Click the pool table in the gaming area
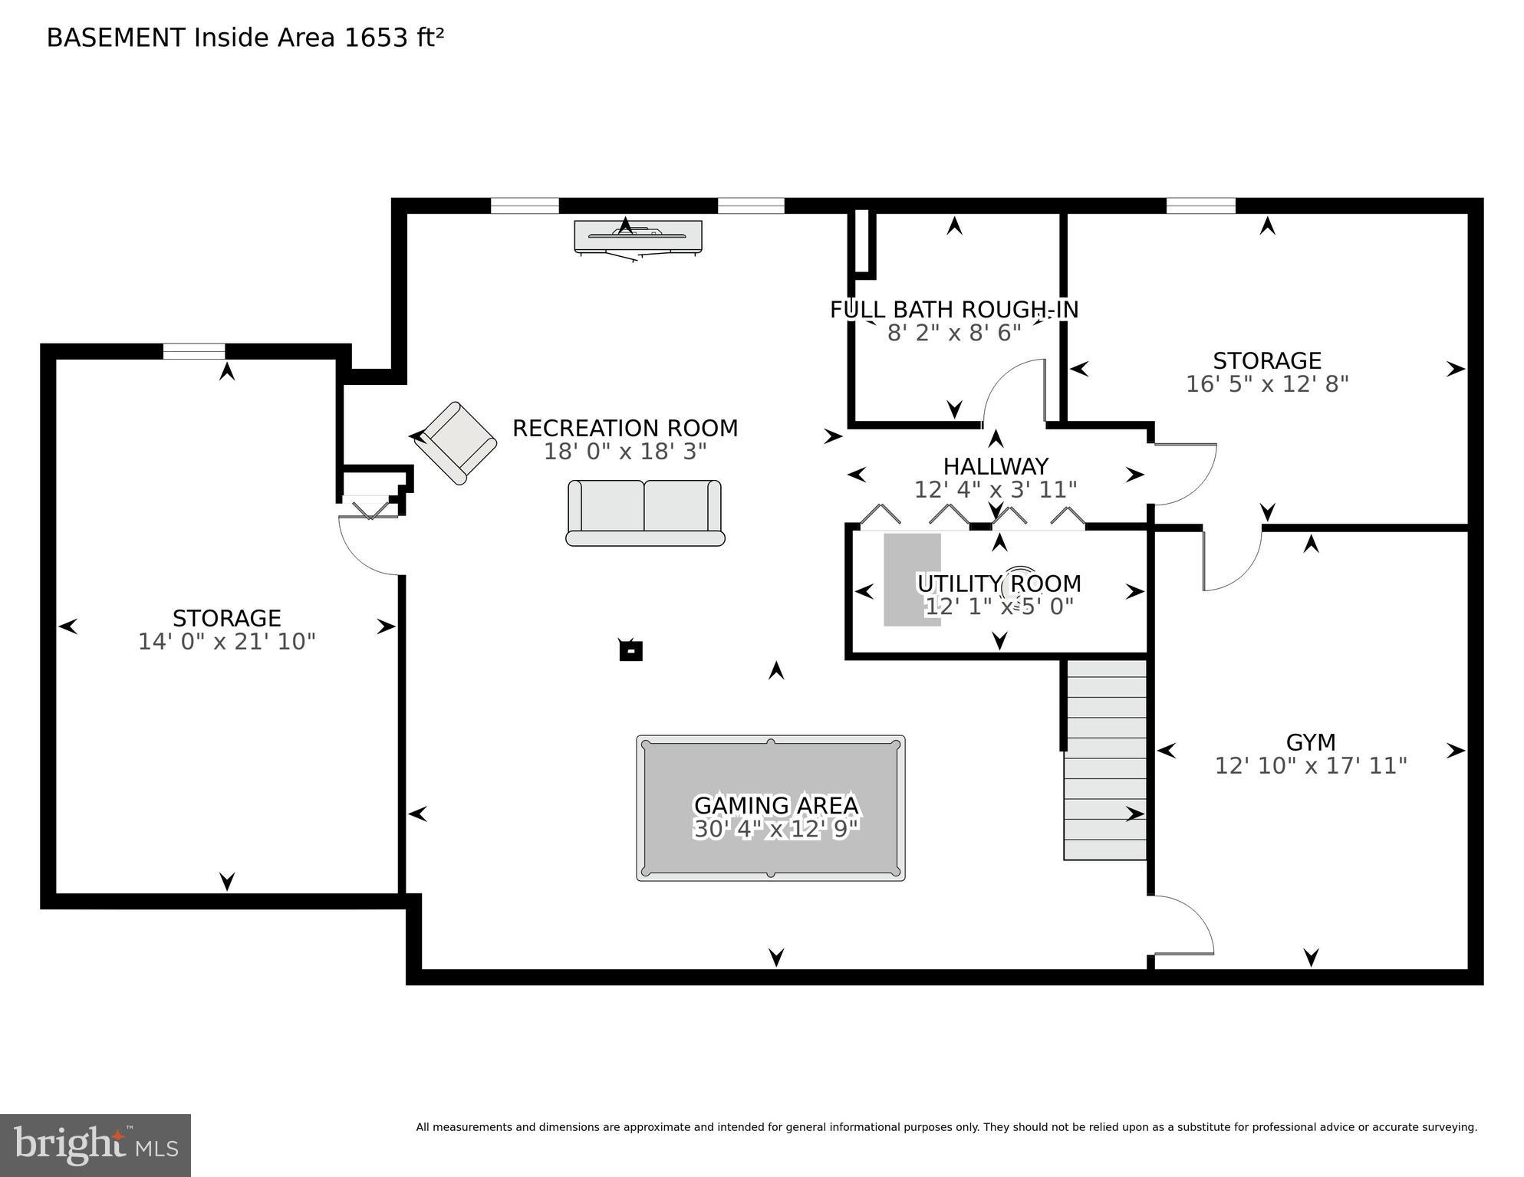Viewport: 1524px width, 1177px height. tap(770, 807)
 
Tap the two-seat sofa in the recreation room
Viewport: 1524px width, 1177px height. tap(644, 512)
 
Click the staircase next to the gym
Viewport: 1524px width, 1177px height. tap(1104, 759)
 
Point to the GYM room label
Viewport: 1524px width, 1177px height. tap(1311, 742)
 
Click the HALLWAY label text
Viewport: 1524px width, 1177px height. tap(996, 466)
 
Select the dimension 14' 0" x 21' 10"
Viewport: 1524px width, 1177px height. tap(227, 642)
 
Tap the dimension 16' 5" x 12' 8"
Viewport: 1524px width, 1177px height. tap(1267, 384)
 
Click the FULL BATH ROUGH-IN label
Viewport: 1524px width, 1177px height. tap(953, 310)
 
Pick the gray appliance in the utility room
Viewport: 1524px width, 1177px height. tap(912, 580)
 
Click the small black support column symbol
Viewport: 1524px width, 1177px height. tap(630, 651)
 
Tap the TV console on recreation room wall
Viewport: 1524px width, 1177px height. tap(637, 236)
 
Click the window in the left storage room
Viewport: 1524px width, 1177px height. tap(194, 352)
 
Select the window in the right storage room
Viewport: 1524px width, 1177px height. tap(1200, 205)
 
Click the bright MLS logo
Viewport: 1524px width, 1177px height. tap(95, 1146)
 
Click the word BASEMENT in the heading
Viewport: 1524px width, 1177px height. tap(116, 38)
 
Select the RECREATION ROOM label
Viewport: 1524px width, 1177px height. tap(624, 428)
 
